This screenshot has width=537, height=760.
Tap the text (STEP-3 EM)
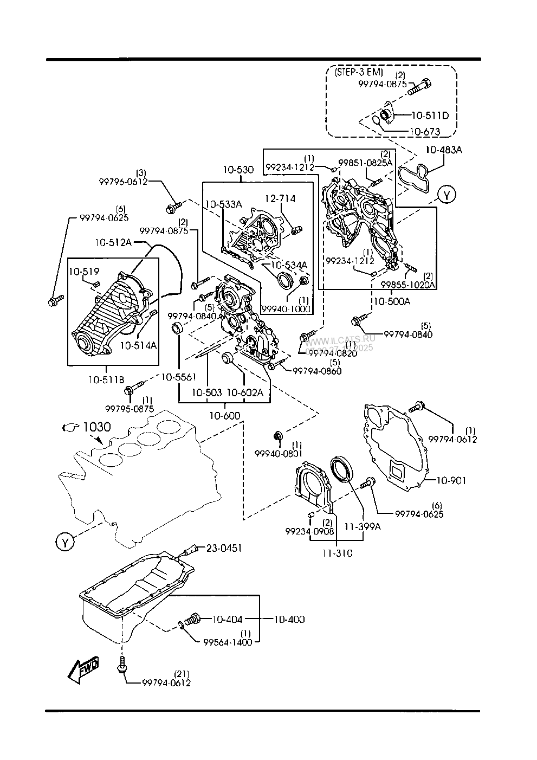click(x=359, y=72)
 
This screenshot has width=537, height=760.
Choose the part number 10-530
click(x=237, y=170)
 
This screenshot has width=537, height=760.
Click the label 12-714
click(x=280, y=199)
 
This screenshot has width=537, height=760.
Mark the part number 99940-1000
click(x=286, y=308)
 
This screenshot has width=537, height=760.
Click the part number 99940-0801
click(x=279, y=453)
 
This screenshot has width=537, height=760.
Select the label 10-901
click(x=450, y=480)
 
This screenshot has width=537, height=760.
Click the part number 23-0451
click(x=223, y=548)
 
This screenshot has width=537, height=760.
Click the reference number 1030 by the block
click(x=97, y=427)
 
